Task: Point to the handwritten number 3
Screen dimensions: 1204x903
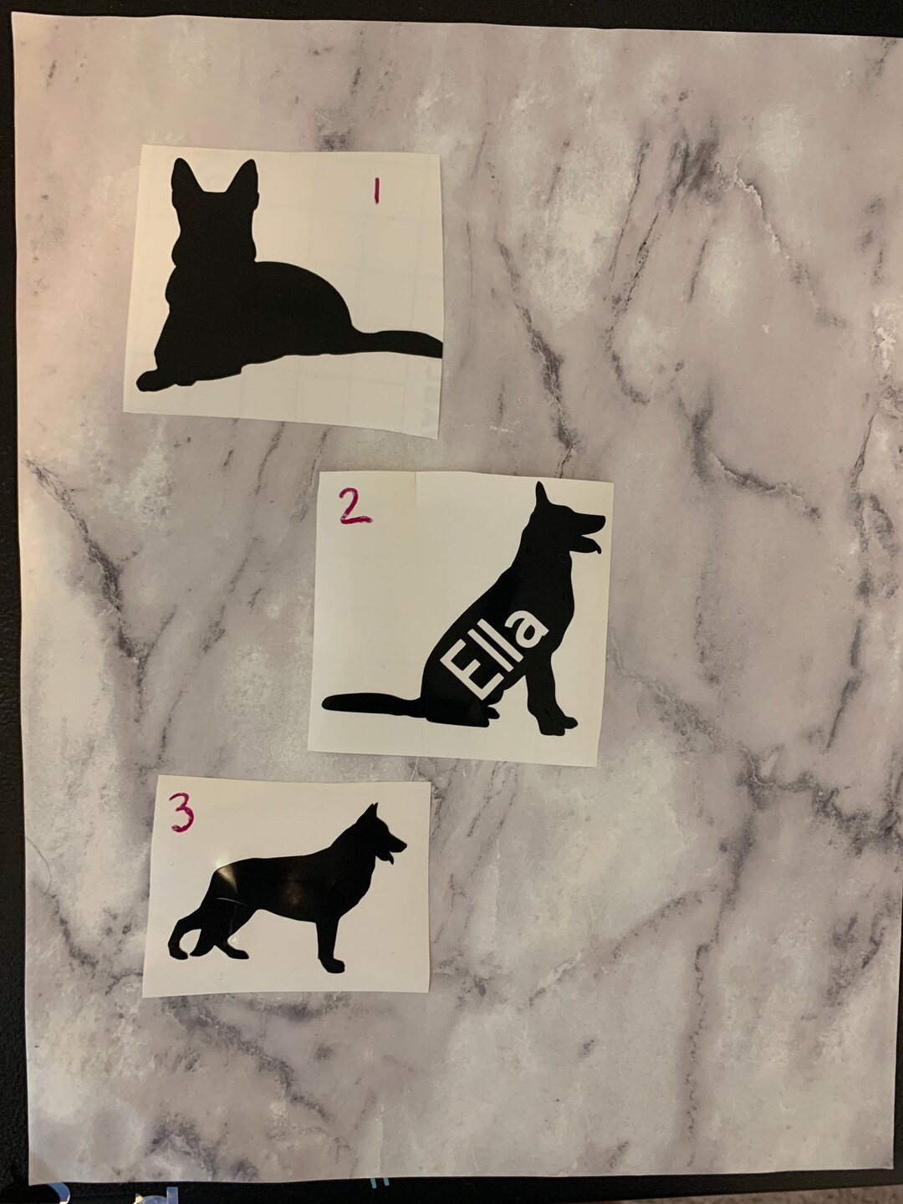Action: click(182, 812)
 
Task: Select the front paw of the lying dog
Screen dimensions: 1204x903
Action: click(155, 380)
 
